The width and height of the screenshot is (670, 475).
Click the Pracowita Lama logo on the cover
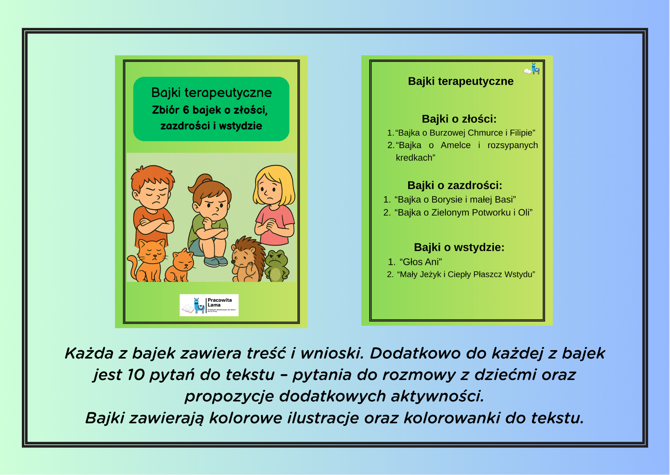tap(209, 305)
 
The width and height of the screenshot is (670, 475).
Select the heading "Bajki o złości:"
tap(459, 119)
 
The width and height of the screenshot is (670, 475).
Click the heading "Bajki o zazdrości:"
tap(455, 185)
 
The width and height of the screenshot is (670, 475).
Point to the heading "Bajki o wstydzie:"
tap(459, 247)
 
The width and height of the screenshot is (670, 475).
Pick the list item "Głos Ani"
tap(420, 262)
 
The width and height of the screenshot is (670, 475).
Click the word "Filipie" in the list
tap(522, 133)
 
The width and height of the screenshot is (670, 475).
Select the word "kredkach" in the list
tap(415, 158)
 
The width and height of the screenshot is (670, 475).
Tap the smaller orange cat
tap(180, 266)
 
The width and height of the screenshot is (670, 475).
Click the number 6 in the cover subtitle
tap(186, 110)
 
